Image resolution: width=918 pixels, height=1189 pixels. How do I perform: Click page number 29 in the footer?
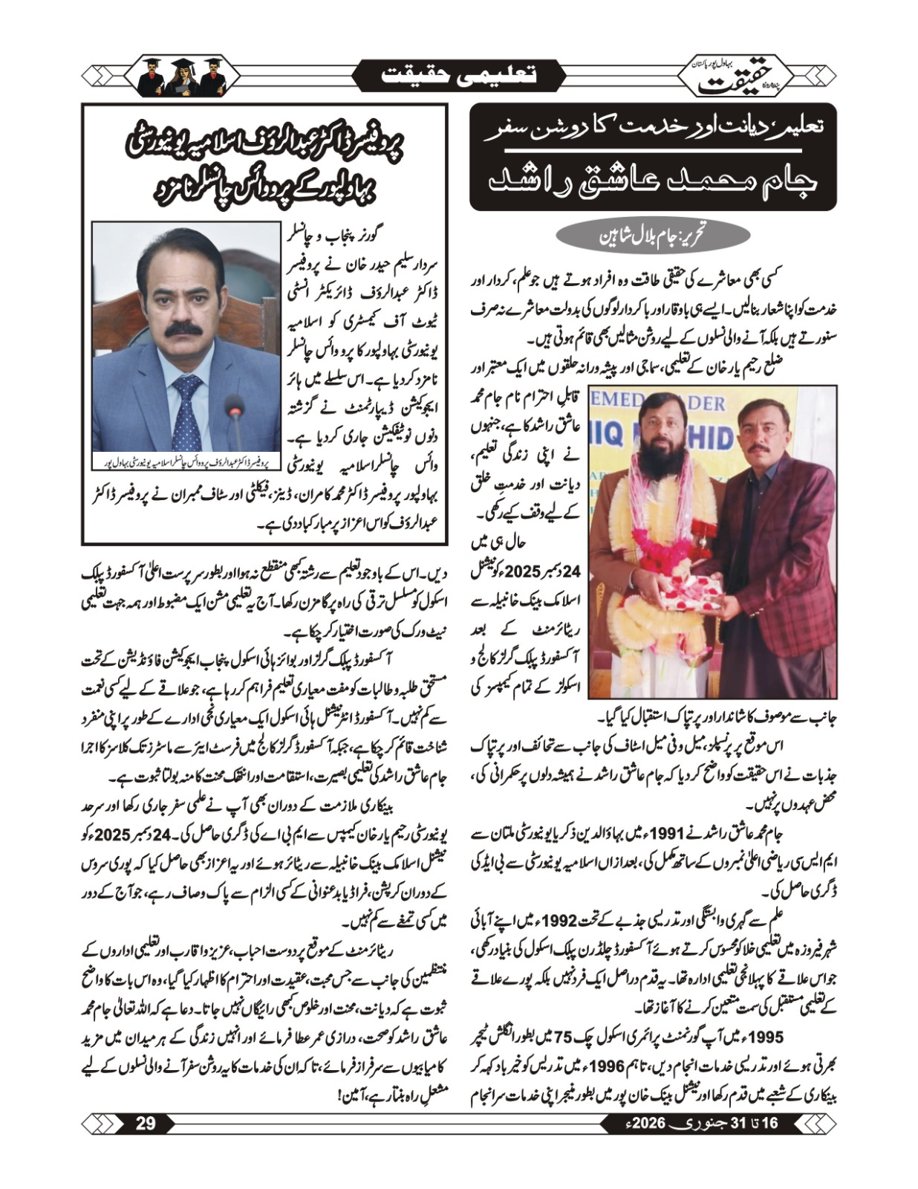click(146, 1122)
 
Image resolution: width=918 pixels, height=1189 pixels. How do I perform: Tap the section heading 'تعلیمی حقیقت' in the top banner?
click(458, 76)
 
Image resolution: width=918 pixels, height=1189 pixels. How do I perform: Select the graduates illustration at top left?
click(183, 75)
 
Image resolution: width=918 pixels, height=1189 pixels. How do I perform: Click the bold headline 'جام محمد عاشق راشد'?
click(653, 181)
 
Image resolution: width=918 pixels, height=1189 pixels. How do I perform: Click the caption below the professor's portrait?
click(186, 464)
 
